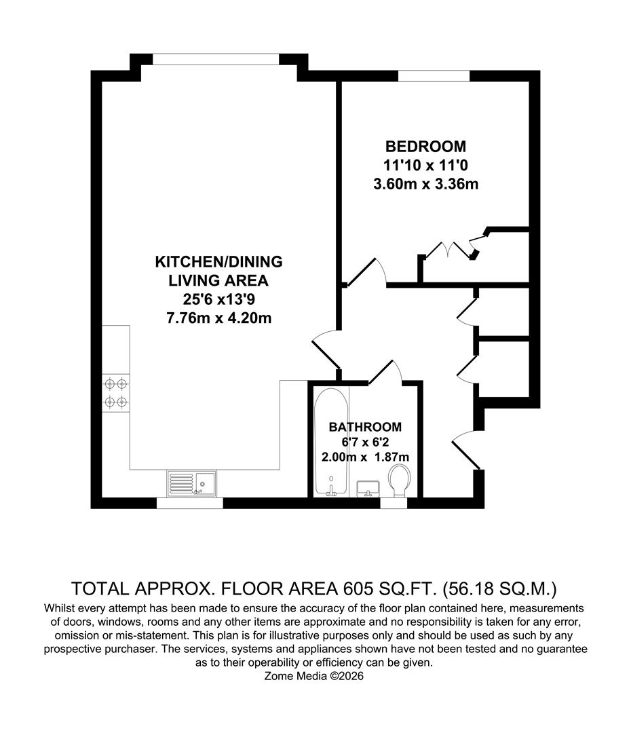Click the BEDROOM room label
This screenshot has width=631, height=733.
[x=425, y=146]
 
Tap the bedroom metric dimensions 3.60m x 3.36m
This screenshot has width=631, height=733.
[x=425, y=183]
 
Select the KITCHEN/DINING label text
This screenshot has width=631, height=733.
[x=219, y=261]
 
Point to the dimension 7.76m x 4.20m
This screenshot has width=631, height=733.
[x=219, y=317]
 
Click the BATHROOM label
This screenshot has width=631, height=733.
[x=365, y=427]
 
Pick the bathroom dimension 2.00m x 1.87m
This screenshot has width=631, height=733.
[x=365, y=457]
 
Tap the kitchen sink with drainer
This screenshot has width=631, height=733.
[x=191, y=483]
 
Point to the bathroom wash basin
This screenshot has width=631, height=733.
[x=368, y=488]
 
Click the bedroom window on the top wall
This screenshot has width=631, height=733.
[x=434, y=75]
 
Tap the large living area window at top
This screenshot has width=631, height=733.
[x=215, y=59]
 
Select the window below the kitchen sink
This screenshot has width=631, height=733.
[x=189, y=503]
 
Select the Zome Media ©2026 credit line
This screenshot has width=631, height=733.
[x=315, y=676]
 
